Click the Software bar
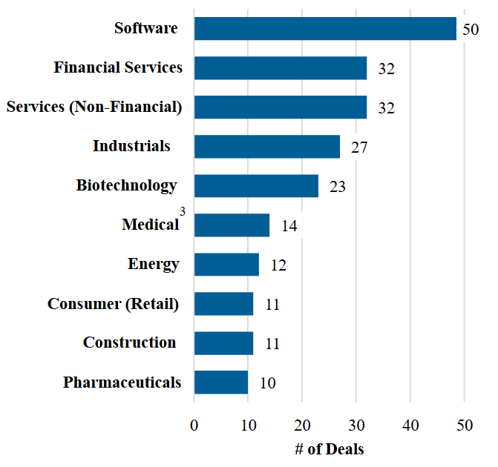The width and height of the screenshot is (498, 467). [325, 29]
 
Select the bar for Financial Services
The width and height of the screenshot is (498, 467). [281, 68]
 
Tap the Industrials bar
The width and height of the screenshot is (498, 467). [267, 147]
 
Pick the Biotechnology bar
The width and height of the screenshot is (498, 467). [256, 186]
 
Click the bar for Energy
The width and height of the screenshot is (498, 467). [226, 265]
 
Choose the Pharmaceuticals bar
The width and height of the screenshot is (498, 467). [221, 382]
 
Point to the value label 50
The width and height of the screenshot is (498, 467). [471, 30]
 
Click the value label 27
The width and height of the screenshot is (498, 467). [359, 148]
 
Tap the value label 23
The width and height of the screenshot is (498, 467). [338, 187]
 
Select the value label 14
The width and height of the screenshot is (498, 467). [289, 226]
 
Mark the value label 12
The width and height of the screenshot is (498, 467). [278, 265]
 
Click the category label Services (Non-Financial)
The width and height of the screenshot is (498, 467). [94, 107]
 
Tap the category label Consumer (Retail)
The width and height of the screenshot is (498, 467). [113, 304]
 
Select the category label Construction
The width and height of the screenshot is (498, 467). [129, 342]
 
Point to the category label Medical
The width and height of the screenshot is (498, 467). [151, 225]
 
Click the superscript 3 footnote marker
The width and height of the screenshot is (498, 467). [183, 212]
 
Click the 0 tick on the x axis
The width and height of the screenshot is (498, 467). [194, 425]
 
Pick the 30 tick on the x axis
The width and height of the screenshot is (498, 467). [356, 425]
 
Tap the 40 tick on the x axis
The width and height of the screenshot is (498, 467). [410, 425]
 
